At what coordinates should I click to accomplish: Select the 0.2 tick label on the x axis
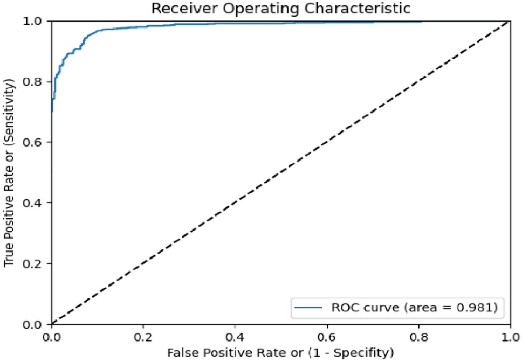pyautogui.click(x=143, y=337)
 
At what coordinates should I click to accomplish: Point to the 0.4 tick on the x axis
pyautogui.click(x=235, y=337)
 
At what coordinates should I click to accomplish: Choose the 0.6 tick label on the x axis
pyautogui.click(x=326, y=337)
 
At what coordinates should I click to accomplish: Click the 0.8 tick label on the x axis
pyautogui.click(x=418, y=337)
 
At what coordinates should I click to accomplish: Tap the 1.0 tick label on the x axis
pyautogui.click(x=509, y=337)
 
